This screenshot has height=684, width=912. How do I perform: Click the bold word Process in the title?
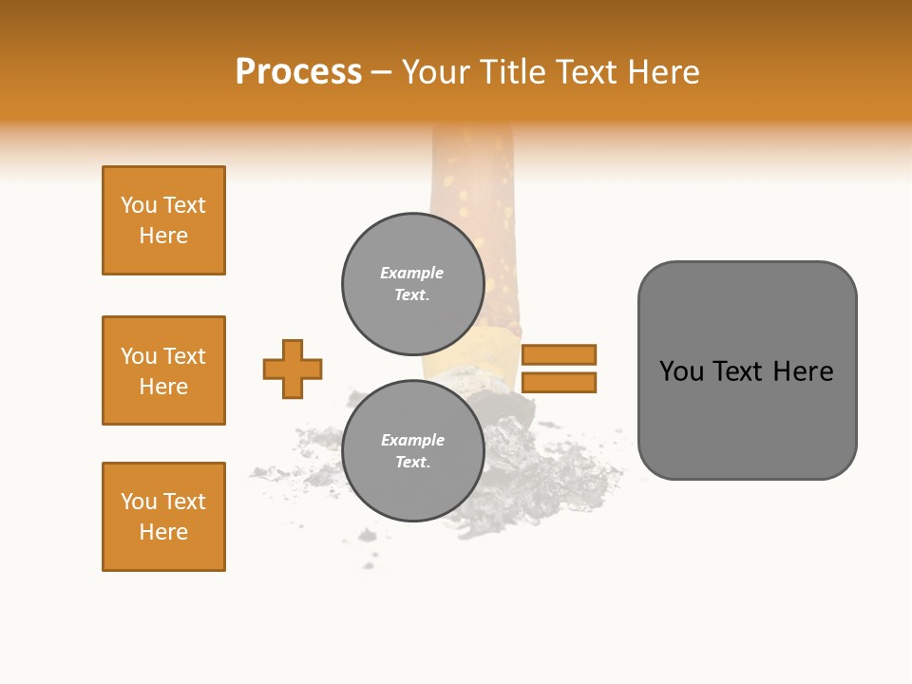[x=298, y=72]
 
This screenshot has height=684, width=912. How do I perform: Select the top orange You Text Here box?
[x=163, y=220]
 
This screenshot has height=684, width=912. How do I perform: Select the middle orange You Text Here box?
[x=163, y=370]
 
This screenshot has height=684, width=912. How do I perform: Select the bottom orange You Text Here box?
[x=163, y=517]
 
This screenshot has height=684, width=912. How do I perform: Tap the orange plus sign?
[x=293, y=369]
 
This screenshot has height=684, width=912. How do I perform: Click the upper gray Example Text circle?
[x=412, y=284]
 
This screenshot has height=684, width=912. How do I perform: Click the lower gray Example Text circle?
[x=412, y=451]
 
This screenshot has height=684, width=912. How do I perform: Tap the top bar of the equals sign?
[x=559, y=355]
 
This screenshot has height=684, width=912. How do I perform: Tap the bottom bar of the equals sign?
[x=559, y=383]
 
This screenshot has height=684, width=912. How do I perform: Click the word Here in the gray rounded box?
[x=803, y=371]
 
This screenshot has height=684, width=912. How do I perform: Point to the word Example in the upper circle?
[x=412, y=273]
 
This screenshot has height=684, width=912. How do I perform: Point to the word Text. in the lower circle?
[x=412, y=463]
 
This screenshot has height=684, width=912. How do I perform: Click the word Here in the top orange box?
[x=163, y=236]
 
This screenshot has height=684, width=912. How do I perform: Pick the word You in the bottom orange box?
[x=139, y=502]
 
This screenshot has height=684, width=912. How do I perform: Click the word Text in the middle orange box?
[x=184, y=356]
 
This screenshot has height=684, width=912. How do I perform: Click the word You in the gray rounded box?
[x=681, y=371]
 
